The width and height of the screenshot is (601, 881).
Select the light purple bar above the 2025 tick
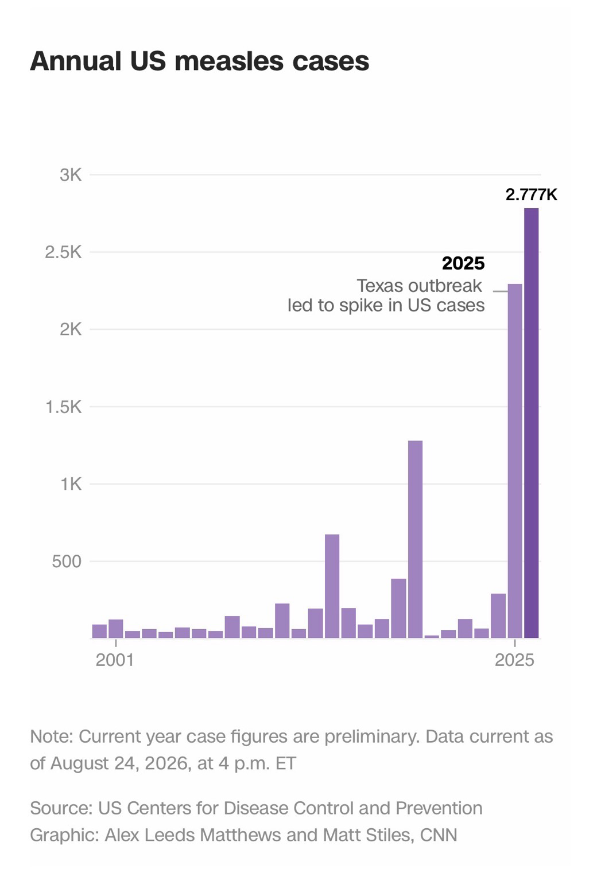point(515,461)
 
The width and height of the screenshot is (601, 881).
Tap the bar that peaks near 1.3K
point(415,539)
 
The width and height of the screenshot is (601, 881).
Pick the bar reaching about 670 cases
point(332,586)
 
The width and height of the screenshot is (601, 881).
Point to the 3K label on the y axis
point(71,174)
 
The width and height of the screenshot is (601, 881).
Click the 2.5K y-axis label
point(63,252)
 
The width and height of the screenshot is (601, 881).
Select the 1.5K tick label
point(64,407)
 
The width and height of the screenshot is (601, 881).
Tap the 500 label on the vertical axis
point(67,562)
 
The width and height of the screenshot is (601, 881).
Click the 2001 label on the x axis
point(115,660)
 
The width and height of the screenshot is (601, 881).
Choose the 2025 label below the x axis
point(514,660)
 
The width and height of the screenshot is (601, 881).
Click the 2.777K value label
point(532,194)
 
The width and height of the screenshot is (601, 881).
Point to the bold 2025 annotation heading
point(463,263)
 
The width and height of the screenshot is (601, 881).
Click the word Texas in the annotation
point(378,286)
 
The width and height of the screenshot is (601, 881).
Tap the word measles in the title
point(229,61)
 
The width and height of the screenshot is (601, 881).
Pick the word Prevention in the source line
point(439,808)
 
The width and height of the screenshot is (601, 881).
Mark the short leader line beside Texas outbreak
point(500,291)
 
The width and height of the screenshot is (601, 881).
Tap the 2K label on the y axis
point(71,330)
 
